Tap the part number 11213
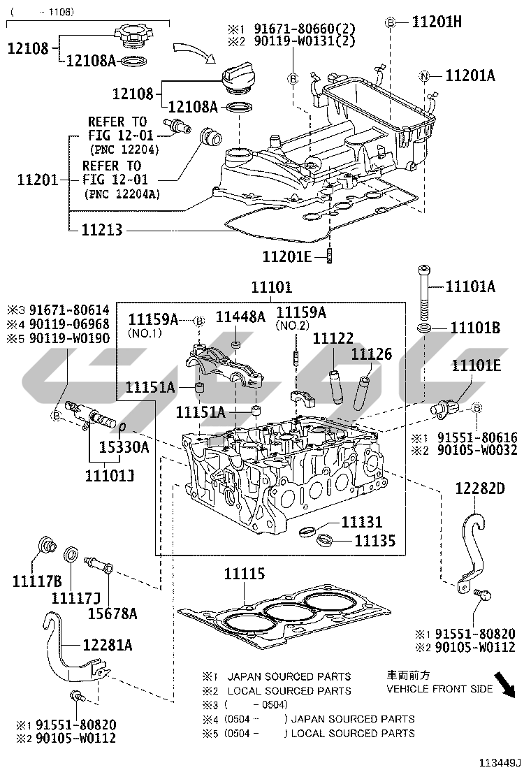(102, 228)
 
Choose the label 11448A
(240, 317)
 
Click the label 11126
(371, 354)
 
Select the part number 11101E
(477, 365)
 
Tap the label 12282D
(479, 488)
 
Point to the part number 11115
(245, 574)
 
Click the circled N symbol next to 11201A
(424, 76)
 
